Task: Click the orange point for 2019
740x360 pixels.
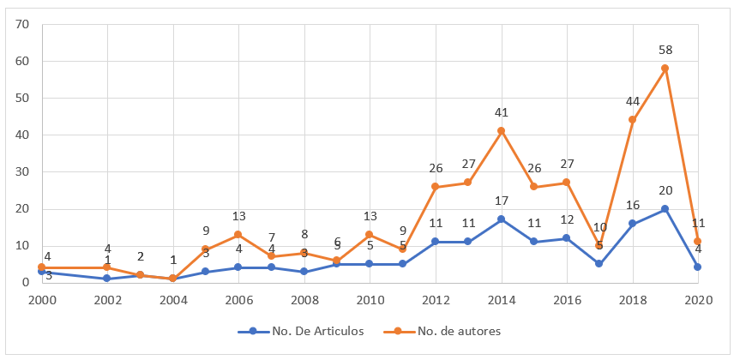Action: tap(665, 69)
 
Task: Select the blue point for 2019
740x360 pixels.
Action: tap(665, 208)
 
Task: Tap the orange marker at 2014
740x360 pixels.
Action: tap(502, 131)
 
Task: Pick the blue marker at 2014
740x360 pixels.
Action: tap(502, 219)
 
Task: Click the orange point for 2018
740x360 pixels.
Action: tap(632, 120)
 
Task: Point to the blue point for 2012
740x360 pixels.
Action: tap(436, 242)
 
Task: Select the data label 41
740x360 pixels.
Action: tap(502, 112)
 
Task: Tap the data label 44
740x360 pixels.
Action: tap(632, 101)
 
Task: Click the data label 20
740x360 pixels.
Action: tap(665, 190)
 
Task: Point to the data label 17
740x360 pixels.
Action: tap(502, 201)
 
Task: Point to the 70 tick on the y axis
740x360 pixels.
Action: tap(22, 25)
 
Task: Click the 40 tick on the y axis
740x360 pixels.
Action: tap(22, 135)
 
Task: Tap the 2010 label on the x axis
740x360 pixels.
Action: tap(370, 299)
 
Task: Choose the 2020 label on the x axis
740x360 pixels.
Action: tap(699, 299)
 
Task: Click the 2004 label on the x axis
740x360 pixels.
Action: tap(173, 299)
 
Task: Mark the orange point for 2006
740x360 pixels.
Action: tap(239, 234)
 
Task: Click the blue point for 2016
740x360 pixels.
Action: tap(567, 237)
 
